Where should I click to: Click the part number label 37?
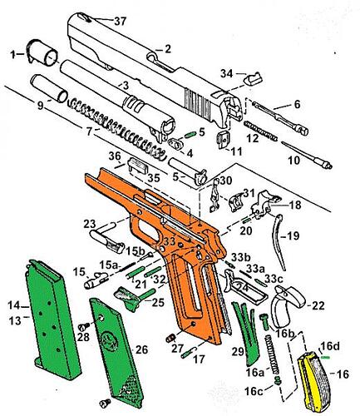(120, 22)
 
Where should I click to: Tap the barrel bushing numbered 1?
(42, 53)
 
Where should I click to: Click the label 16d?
(330, 346)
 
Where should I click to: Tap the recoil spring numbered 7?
(116, 127)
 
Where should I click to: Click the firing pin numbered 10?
(307, 155)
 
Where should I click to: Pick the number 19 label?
(293, 235)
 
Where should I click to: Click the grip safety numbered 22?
(288, 306)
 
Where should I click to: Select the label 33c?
(274, 279)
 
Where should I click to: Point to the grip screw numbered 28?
(83, 326)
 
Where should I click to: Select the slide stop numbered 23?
(107, 240)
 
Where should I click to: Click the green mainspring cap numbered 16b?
(264, 322)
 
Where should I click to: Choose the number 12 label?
(253, 138)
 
